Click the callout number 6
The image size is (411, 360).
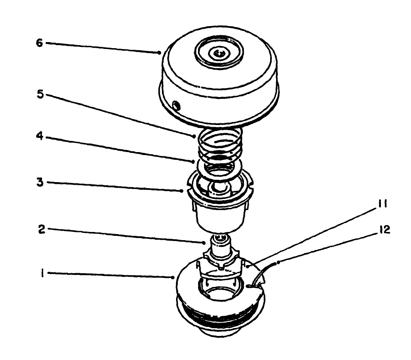39,43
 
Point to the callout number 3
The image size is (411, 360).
39,182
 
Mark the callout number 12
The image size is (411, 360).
384,230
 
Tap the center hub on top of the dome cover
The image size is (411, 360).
219,53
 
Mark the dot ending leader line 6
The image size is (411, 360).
159,53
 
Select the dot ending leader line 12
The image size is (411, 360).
279,262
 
